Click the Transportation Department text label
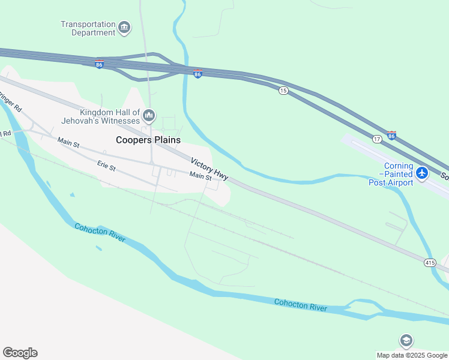tap(88, 28)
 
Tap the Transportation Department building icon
tap(124, 27)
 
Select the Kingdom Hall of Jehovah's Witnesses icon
tap(149, 115)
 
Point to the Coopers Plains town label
tap(148, 140)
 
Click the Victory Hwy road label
tap(209, 169)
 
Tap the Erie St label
tap(106, 166)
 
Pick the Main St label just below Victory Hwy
tap(200, 176)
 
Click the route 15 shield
tap(283, 90)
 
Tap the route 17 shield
tap(376, 139)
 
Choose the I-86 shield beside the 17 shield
tap(391, 136)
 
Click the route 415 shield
tap(430, 263)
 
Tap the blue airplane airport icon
tap(422, 173)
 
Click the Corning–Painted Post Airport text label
tap(391, 174)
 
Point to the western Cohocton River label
tap(100, 233)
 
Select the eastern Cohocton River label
tap(301, 305)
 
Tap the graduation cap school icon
tap(406, 341)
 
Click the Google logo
tap(20, 353)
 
